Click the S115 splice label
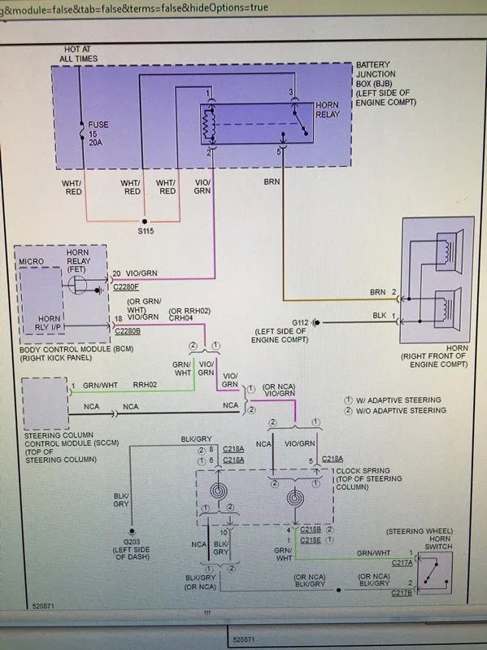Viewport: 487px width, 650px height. tap(146, 231)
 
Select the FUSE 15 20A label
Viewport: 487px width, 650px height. tap(98, 133)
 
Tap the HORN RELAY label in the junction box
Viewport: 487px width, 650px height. tap(328, 110)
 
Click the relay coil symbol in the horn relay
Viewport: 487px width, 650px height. tap(209, 124)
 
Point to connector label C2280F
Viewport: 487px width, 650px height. tap(126, 286)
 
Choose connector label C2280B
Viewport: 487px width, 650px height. tap(128, 331)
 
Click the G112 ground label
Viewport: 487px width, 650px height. tap(300, 322)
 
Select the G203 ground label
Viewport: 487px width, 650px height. tap(132, 541)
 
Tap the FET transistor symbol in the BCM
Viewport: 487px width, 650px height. tap(78, 285)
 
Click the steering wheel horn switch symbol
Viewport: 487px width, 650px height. tap(435, 573)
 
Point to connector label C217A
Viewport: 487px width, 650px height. tap(402, 563)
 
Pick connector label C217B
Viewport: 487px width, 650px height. tap(402, 593)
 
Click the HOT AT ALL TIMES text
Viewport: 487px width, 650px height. tap(78, 54)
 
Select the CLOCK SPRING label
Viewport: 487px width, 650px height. tap(363, 470)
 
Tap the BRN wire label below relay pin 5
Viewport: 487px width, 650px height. tap(272, 181)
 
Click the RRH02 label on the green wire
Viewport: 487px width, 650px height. tap(145, 385)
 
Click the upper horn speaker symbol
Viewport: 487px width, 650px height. tap(450, 251)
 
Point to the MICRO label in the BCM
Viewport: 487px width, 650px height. tap(31, 262)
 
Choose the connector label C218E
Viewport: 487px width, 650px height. tap(311, 540)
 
